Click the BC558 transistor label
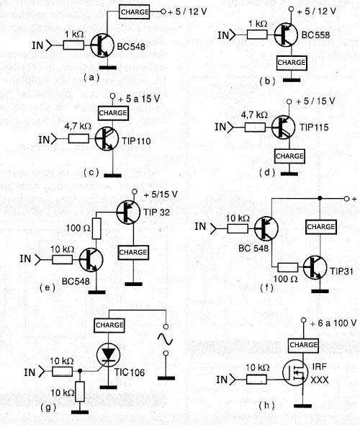point(315,35)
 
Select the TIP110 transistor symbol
point(107,139)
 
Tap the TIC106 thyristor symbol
point(108,355)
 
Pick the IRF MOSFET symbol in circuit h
point(295,372)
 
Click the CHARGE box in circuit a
point(135,12)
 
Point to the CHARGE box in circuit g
point(109,326)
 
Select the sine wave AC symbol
point(165,339)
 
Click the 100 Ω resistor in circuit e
point(96,229)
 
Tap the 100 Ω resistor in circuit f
point(288,267)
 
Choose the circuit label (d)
point(267,173)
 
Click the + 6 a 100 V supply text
point(333,323)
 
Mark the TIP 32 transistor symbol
point(128,212)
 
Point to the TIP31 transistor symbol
point(315,267)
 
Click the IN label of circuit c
point(44,140)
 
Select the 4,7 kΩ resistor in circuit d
point(255,127)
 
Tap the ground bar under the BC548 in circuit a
point(108,68)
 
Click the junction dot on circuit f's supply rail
point(320,198)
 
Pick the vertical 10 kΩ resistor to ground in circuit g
point(80,392)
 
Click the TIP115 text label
point(314,127)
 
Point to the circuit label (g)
point(48,407)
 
